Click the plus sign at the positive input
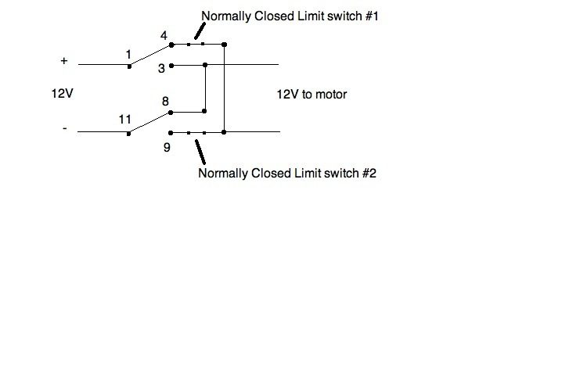click(x=64, y=60)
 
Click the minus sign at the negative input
click(x=64, y=128)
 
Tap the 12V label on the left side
click(x=62, y=94)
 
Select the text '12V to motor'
click(x=312, y=94)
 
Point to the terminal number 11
click(x=125, y=120)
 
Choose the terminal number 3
click(x=161, y=69)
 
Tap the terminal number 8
click(x=165, y=101)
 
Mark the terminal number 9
click(x=167, y=145)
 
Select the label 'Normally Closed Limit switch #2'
click(x=287, y=173)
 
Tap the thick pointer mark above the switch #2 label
click(x=202, y=149)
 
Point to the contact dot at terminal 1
click(x=130, y=65)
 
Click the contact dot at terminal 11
click(x=130, y=133)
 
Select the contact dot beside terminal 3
click(x=171, y=65)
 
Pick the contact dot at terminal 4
click(x=171, y=45)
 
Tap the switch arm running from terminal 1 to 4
click(x=150, y=55)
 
